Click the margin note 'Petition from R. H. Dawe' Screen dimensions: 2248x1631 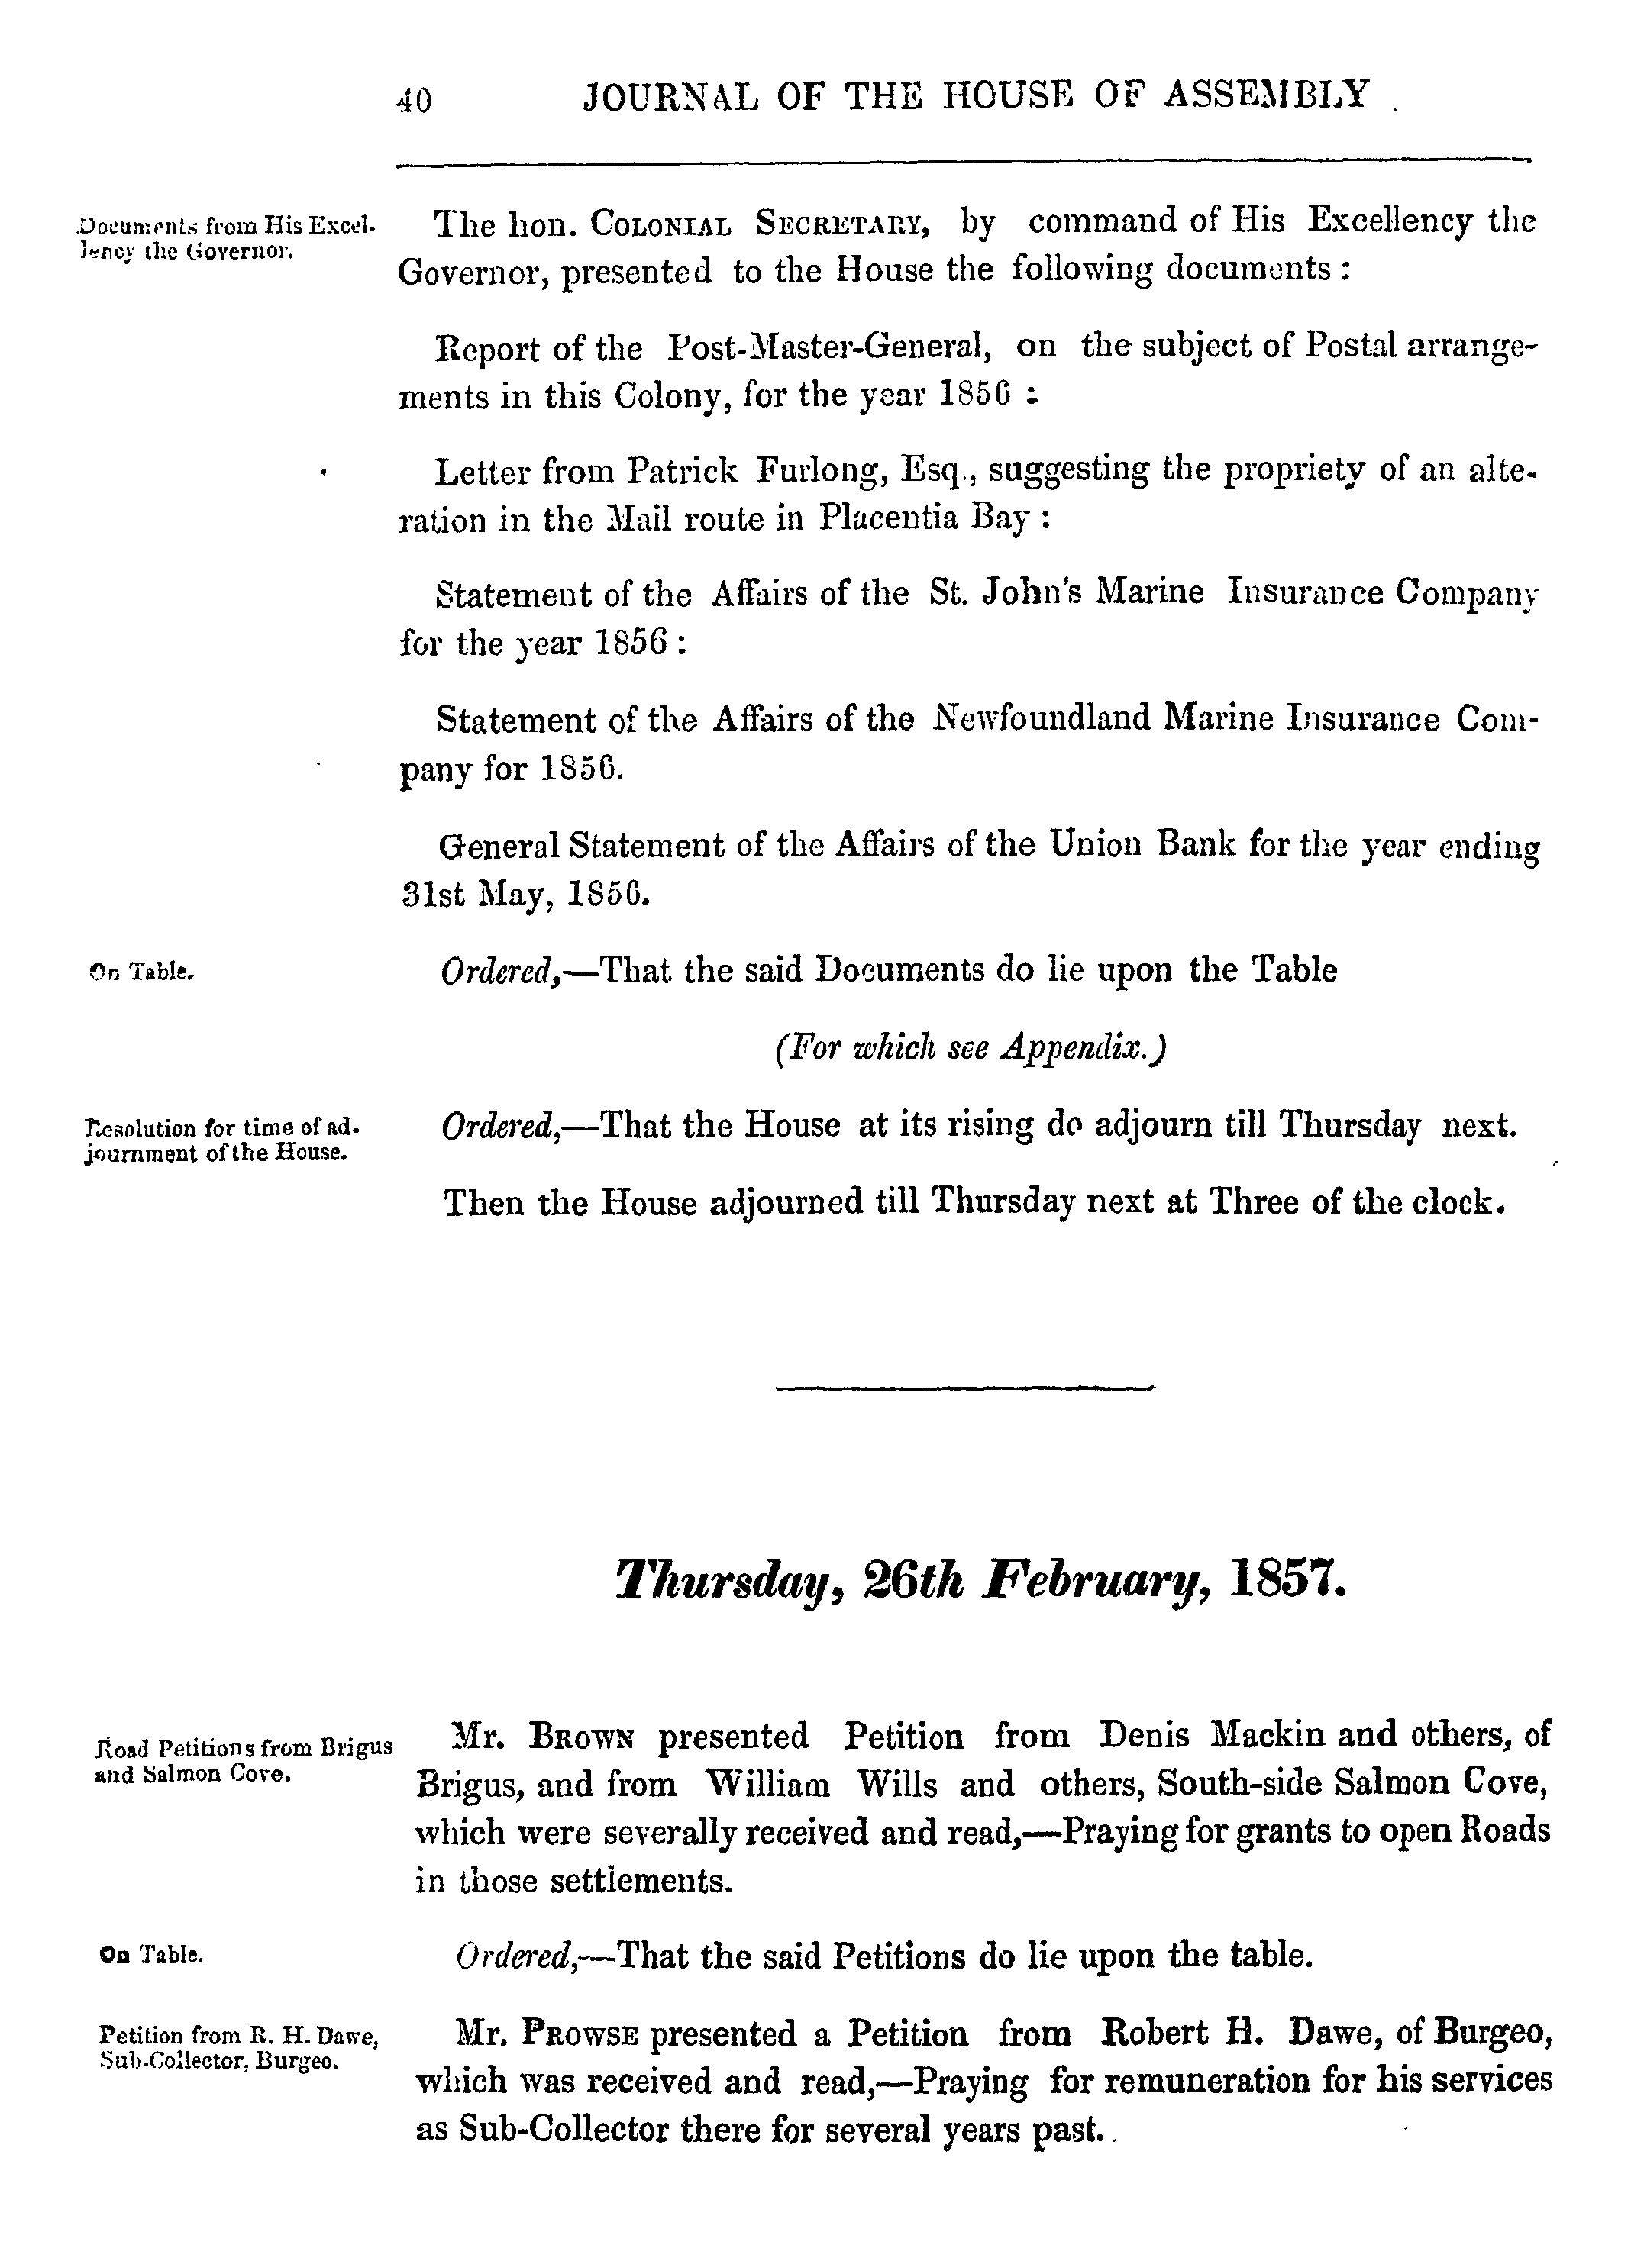(239, 2037)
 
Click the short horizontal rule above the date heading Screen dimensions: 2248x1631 (964, 1388)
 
